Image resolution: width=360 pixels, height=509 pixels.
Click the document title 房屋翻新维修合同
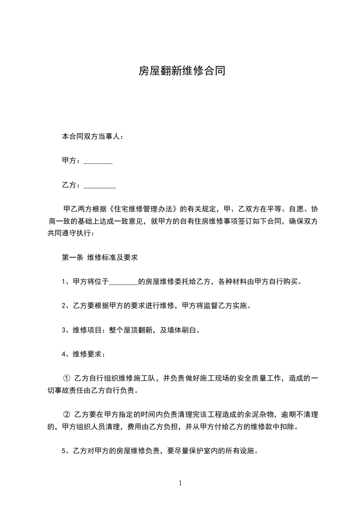[182, 71]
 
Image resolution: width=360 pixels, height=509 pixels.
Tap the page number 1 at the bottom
[180, 483]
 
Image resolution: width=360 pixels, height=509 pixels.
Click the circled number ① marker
[66, 378]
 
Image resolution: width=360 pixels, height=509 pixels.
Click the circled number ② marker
[66, 415]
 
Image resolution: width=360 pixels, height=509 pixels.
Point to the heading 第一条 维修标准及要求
[99, 257]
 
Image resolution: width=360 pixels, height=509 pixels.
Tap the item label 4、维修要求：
[84, 354]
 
